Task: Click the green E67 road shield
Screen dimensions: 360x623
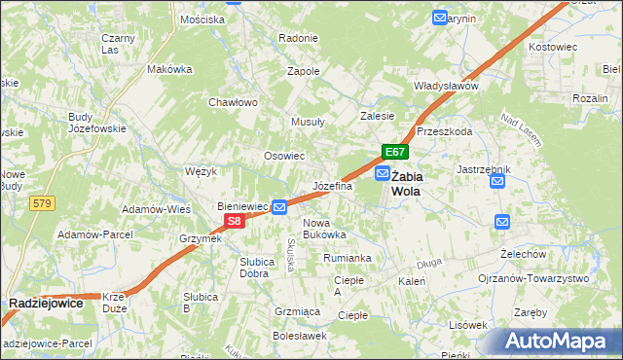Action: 394,152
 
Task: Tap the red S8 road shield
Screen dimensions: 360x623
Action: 234,222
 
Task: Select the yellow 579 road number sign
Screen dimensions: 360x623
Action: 41,203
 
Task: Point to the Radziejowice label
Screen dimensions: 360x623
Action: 46,304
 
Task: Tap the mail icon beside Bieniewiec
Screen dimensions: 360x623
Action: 279,206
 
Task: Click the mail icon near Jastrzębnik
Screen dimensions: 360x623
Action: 498,180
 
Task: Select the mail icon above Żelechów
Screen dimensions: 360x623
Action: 501,222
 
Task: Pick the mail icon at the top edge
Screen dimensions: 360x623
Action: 440,18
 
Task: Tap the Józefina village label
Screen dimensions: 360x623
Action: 332,185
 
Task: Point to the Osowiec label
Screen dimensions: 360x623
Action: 285,156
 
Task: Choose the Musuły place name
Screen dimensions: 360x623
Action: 309,122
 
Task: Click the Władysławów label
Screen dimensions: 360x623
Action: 446,86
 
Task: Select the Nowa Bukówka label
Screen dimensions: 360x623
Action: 324,229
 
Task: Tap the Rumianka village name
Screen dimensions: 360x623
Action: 348,258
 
